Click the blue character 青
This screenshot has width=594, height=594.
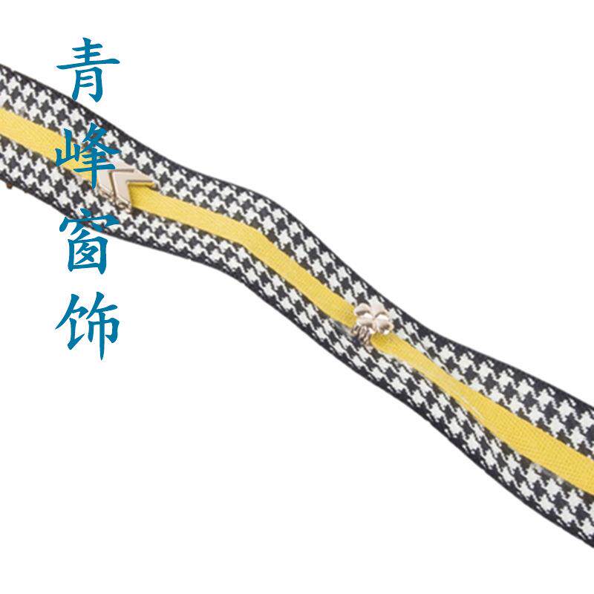point(88,70)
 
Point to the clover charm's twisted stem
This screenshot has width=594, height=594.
point(360,336)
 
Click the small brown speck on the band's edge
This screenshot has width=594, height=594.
point(10,186)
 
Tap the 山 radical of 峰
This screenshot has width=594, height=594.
point(65,154)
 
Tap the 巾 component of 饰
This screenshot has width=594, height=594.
point(102,330)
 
